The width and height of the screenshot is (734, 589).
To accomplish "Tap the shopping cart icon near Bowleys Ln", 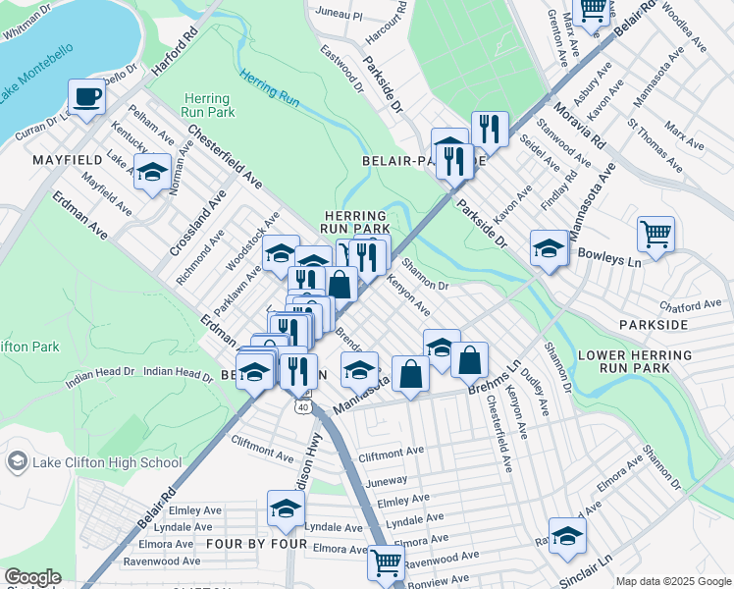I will tap(655, 235).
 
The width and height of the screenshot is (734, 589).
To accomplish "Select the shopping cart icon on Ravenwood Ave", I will tap(387, 562).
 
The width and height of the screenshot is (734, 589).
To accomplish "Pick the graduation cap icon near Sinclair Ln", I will tap(566, 535).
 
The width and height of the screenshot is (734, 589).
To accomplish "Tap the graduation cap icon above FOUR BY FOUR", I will tap(286, 509).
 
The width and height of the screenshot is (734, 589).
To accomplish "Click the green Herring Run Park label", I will tap(207, 106).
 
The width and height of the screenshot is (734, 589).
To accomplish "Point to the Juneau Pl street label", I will tap(340, 16).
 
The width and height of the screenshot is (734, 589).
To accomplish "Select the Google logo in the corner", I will tap(31, 577).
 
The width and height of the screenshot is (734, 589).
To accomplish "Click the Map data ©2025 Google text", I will tap(673, 581).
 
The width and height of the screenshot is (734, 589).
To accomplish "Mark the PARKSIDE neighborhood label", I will tap(654, 324).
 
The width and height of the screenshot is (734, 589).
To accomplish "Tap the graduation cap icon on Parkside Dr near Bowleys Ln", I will tap(549, 247).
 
